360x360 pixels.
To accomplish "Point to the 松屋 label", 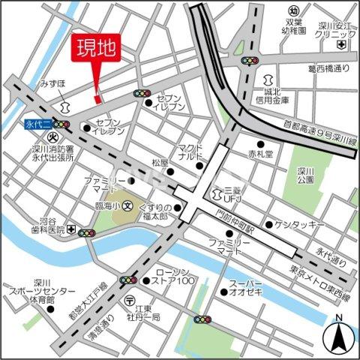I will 160,162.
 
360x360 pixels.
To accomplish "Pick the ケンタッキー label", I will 298,225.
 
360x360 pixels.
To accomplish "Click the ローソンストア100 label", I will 175,277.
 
